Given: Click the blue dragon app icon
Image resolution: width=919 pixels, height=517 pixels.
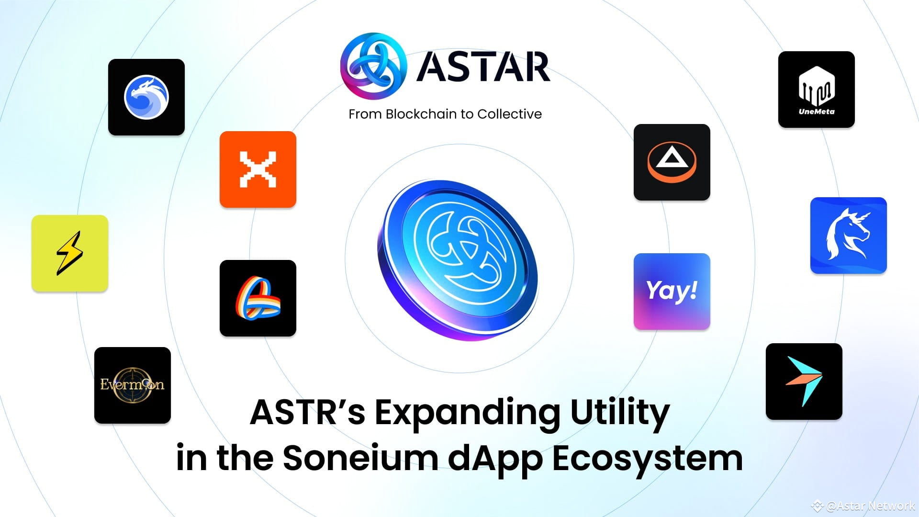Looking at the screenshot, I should click(146, 97).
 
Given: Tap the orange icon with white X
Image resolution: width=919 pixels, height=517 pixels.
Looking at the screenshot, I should click(258, 169).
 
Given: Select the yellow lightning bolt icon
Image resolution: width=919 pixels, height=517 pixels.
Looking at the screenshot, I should click(70, 253).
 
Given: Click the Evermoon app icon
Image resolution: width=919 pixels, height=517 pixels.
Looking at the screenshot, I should click(133, 385).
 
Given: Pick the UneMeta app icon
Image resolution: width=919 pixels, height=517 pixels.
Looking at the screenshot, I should click(817, 90).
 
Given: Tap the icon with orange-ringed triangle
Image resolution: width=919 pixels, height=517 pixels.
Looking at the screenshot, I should click(672, 162).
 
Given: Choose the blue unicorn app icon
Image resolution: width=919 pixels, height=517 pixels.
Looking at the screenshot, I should click(849, 236).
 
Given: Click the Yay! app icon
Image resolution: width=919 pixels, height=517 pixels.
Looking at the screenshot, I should click(672, 292).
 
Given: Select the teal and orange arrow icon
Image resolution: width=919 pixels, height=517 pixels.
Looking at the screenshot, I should click(804, 382).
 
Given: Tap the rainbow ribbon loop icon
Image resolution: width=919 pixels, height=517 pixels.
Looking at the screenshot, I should click(258, 298).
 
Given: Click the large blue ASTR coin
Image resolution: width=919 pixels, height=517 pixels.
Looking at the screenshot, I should click(459, 259).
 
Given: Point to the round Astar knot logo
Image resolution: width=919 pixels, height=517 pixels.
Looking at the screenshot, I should click(373, 66).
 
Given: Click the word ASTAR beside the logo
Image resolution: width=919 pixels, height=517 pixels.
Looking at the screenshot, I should click(483, 67).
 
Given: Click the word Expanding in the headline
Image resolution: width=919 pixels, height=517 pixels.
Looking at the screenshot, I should click(467, 413).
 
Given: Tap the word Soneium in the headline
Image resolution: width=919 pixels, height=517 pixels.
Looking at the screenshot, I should click(360, 458).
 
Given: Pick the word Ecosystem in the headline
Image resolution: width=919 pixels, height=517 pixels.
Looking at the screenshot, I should click(647, 458).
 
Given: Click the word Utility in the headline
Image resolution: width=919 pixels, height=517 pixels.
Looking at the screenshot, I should click(620, 413).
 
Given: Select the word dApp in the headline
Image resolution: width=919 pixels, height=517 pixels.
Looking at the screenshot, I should click(495, 458).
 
